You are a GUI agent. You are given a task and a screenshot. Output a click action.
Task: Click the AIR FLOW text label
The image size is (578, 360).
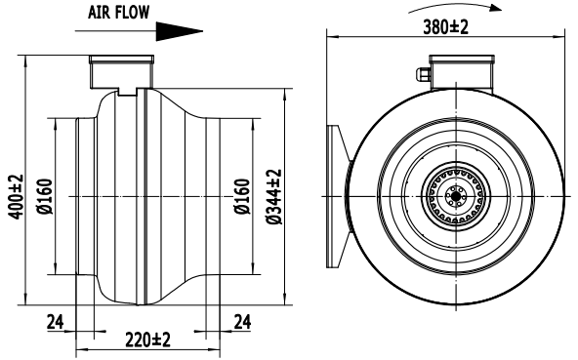[x=118, y=12]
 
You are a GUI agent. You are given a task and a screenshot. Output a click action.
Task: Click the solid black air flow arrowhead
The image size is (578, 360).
[x=179, y=31]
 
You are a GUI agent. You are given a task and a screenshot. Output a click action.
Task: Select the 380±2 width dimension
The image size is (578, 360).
[x=445, y=27]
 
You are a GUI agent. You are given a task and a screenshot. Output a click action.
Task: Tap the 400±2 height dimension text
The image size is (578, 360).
[x=16, y=197]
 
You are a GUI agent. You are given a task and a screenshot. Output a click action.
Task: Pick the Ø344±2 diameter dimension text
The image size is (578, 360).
[x=274, y=197]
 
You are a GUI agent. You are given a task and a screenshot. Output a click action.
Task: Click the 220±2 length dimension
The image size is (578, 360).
[x=147, y=340]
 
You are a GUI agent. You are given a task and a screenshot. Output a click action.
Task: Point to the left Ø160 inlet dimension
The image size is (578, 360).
[x=45, y=196]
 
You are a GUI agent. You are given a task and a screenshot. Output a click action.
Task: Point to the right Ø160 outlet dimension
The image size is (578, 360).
[x=242, y=196]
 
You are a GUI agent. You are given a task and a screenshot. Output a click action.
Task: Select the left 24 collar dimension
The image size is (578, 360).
[x=56, y=322]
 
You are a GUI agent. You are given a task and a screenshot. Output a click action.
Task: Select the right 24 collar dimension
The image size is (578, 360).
[x=242, y=322]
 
